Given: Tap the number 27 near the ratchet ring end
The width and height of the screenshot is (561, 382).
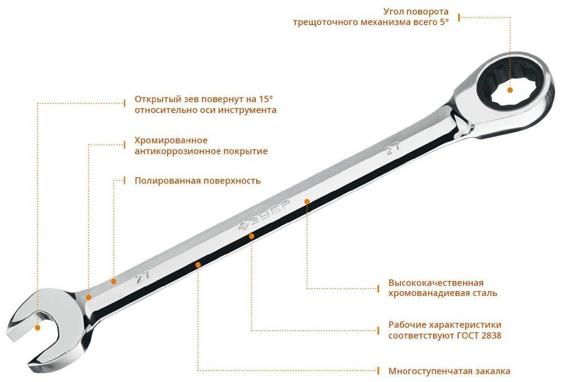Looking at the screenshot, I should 393,148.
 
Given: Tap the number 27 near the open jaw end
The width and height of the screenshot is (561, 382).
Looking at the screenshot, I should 143,278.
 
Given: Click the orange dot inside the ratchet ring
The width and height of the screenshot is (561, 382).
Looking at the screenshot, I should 510,90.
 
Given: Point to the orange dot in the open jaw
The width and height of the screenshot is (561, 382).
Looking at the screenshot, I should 37,328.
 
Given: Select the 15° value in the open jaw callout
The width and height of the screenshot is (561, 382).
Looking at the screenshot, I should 266,99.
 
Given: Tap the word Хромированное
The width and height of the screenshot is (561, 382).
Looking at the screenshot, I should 171,140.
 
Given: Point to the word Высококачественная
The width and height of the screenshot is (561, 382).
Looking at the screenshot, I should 436,282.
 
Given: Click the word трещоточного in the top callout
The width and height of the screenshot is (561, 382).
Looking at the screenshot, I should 325,22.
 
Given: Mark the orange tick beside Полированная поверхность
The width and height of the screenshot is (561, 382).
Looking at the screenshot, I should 125,180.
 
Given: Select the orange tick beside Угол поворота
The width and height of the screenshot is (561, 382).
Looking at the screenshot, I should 459,17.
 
